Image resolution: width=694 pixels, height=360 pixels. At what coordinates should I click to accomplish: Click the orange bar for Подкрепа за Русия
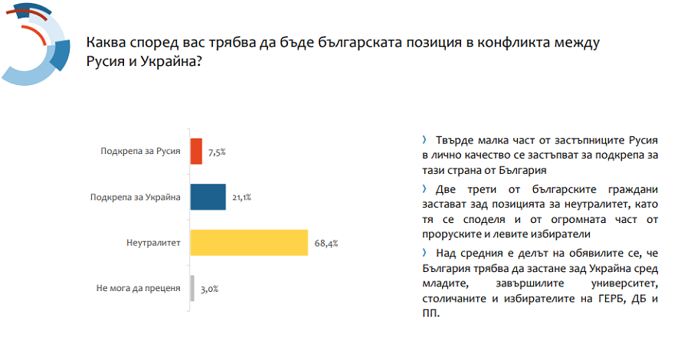(x=196, y=151)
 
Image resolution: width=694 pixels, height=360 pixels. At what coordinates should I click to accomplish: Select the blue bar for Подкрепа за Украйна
(x=208, y=197)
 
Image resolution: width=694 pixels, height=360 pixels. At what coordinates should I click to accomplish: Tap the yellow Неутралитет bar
(x=248, y=243)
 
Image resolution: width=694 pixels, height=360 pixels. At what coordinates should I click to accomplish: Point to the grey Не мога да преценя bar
(x=192, y=288)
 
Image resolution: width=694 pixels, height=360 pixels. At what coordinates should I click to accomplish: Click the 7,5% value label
(x=217, y=152)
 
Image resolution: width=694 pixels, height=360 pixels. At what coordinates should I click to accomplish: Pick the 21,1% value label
(x=241, y=198)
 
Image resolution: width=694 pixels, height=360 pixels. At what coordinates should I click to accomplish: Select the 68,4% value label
(x=326, y=244)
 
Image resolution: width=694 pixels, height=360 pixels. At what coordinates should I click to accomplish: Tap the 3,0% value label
(x=209, y=289)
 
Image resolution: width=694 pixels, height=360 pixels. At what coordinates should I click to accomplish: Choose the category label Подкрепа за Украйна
(x=135, y=198)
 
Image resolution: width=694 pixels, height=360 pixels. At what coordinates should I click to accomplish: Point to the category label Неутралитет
(x=152, y=244)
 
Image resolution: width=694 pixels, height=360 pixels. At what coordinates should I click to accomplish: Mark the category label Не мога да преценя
(x=139, y=289)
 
